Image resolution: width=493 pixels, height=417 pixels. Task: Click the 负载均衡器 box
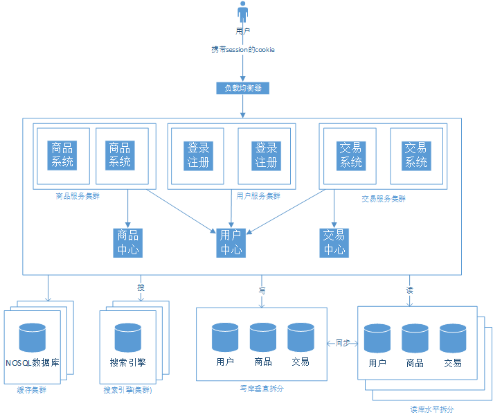[x=242, y=88]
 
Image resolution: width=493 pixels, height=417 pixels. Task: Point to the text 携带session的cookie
[x=242, y=50]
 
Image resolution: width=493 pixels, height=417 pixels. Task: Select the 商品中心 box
[x=128, y=242]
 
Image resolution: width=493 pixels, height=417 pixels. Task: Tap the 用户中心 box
[x=231, y=242]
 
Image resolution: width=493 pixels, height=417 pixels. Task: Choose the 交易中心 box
[x=334, y=242]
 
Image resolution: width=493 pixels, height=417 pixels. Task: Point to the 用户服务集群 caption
[x=258, y=196]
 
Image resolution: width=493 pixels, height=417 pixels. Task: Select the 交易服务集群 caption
[x=384, y=198]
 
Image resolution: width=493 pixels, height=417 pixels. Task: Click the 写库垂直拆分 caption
[x=262, y=389]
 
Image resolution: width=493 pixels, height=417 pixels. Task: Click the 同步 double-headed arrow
[x=342, y=343]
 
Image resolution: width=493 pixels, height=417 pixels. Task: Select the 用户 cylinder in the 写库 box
[x=225, y=337]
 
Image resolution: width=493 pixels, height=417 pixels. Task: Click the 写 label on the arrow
[x=262, y=290]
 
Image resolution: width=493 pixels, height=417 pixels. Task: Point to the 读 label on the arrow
[x=409, y=290]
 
